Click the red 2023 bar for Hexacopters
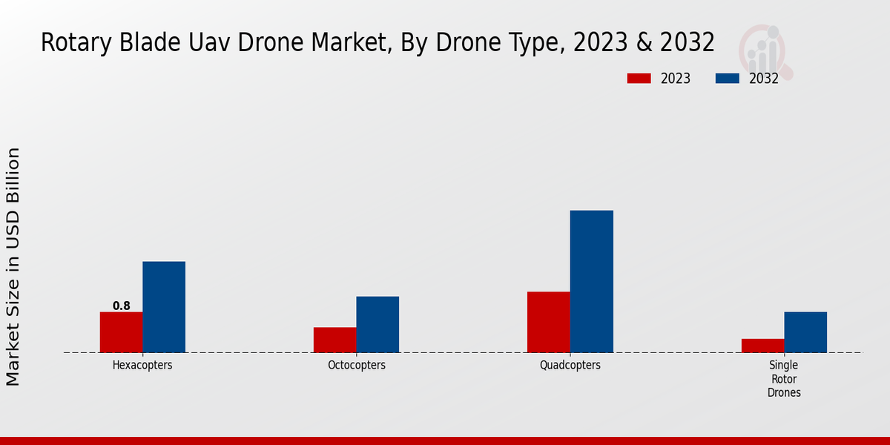[x=121, y=332]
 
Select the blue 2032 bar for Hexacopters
[x=164, y=307]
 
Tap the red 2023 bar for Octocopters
[x=334, y=340]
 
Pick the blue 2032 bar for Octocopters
[x=378, y=324]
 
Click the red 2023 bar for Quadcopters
[x=548, y=322]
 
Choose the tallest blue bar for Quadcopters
[x=591, y=282]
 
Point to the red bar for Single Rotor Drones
[x=762, y=346]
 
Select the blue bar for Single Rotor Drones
[x=805, y=332]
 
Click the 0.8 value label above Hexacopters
[x=122, y=306]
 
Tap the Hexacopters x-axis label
[x=142, y=366]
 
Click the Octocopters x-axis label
[x=356, y=366]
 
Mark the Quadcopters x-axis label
[x=570, y=366]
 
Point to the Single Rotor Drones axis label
[x=784, y=379]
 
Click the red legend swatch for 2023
[x=639, y=79]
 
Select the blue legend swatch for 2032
[x=728, y=79]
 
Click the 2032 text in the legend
[x=764, y=79]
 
